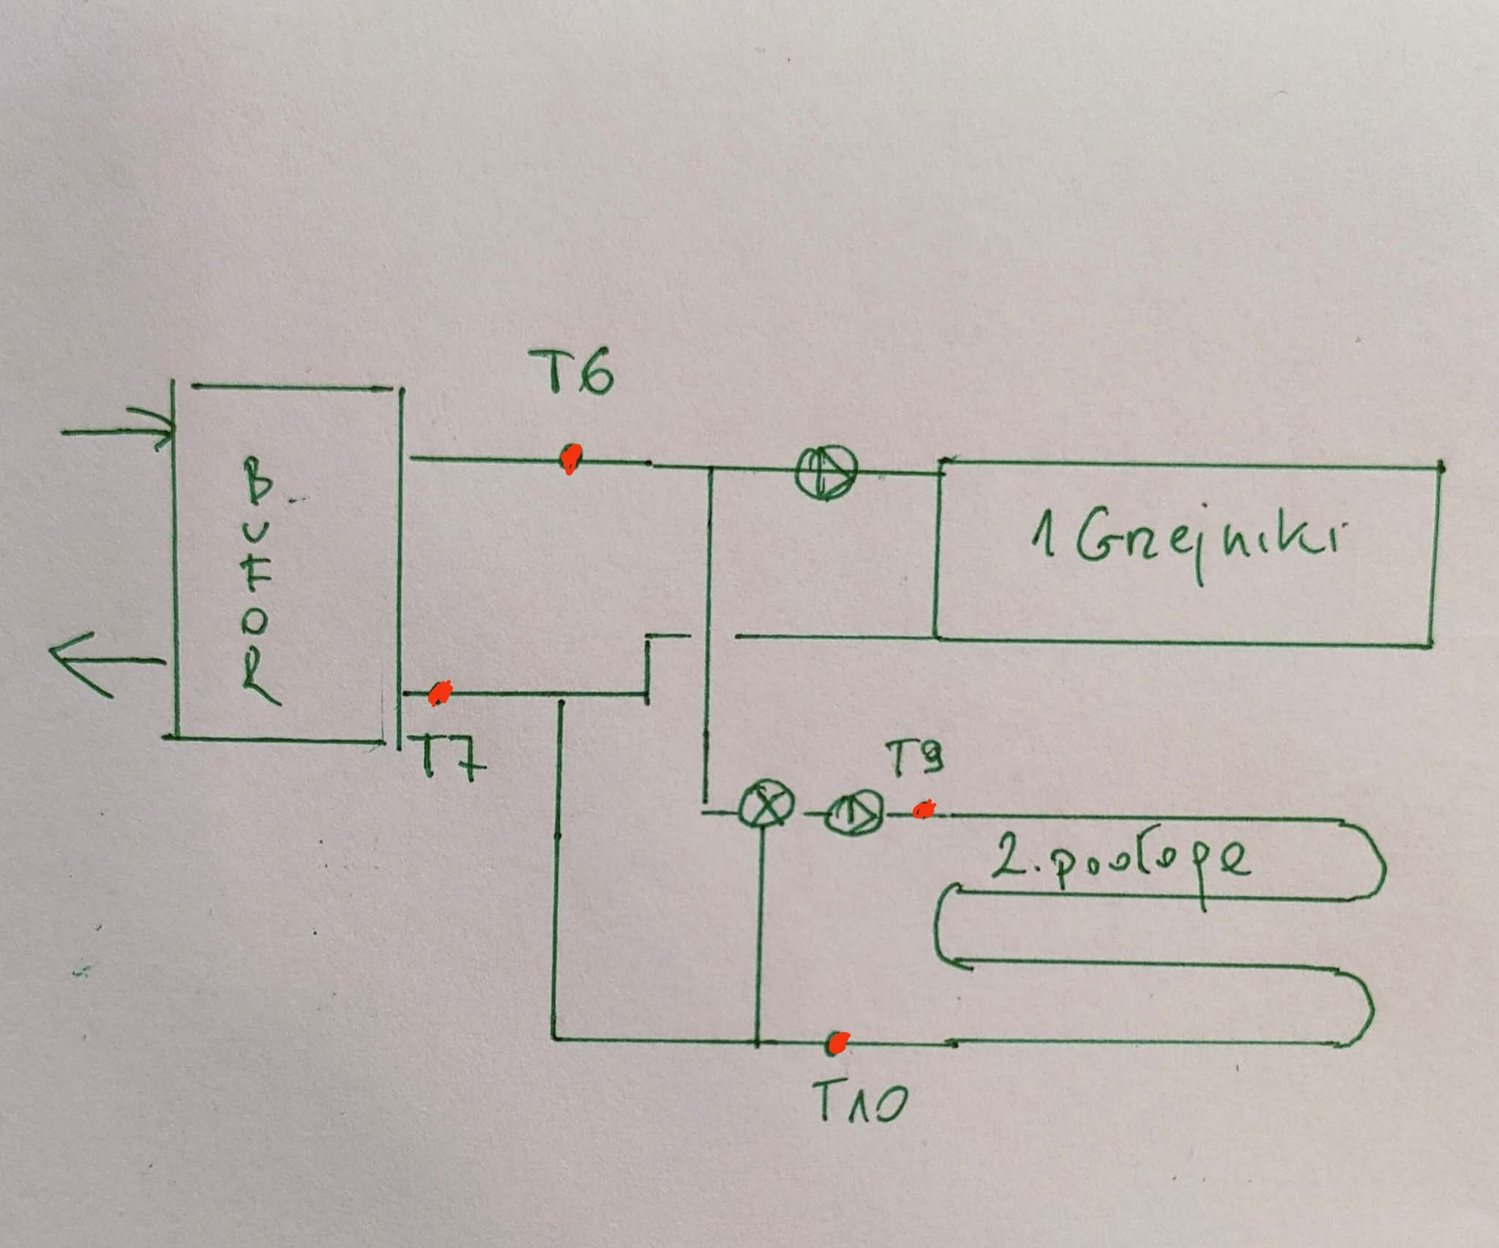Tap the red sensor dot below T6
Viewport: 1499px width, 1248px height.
pos(569,459)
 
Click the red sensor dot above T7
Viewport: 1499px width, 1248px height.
pos(440,692)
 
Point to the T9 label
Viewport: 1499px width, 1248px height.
pos(913,758)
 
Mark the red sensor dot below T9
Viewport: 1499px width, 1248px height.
pos(923,809)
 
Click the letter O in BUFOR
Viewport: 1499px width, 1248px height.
pos(256,623)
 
